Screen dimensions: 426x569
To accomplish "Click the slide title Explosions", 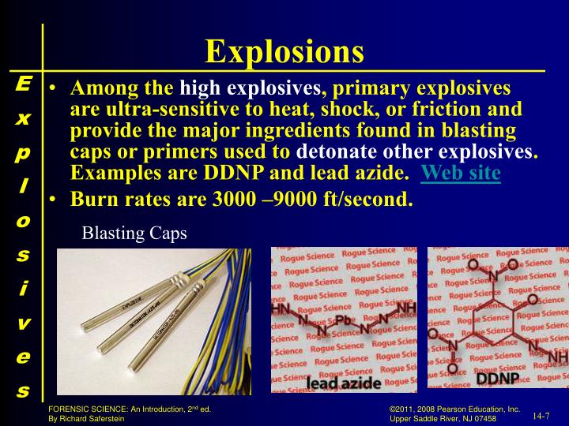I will (x=284, y=52).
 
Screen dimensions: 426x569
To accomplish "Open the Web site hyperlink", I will (x=462, y=173).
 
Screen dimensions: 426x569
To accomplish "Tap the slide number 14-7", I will (x=541, y=415).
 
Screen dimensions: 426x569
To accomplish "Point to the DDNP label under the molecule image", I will (x=497, y=379).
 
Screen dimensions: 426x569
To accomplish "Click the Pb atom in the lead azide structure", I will (x=343, y=320).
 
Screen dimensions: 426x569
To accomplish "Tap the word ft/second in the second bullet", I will (x=366, y=199).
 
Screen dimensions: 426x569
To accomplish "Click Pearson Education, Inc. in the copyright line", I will (x=480, y=409).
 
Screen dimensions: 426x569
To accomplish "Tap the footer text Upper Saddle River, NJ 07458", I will (x=455, y=419).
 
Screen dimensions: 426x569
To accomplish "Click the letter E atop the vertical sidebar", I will (x=23, y=83).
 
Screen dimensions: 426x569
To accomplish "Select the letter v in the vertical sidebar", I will (x=23, y=323).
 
